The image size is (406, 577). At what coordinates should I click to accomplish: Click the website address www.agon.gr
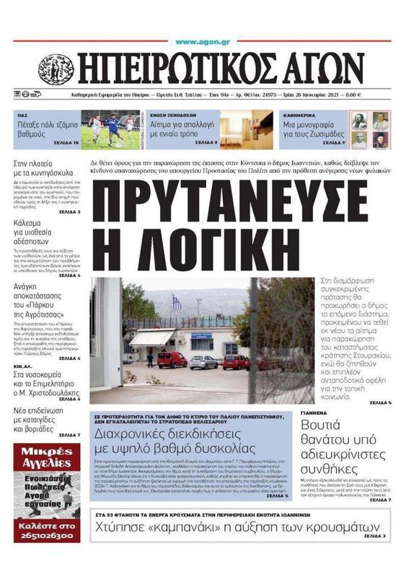point(202,42)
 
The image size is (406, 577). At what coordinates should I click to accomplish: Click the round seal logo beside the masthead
point(56,70)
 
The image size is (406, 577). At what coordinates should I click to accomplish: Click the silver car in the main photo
point(203,362)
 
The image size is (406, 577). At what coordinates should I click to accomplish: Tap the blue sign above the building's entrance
point(201,345)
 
